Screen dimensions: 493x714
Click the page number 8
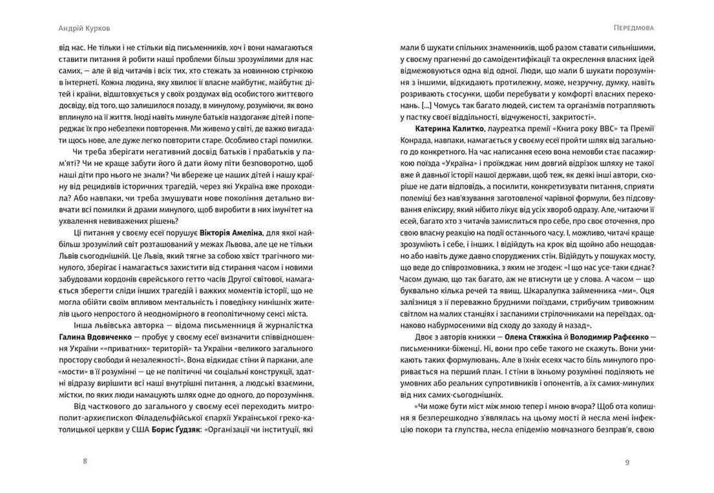click(x=85, y=461)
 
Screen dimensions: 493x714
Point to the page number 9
click(x=627, y=461)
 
